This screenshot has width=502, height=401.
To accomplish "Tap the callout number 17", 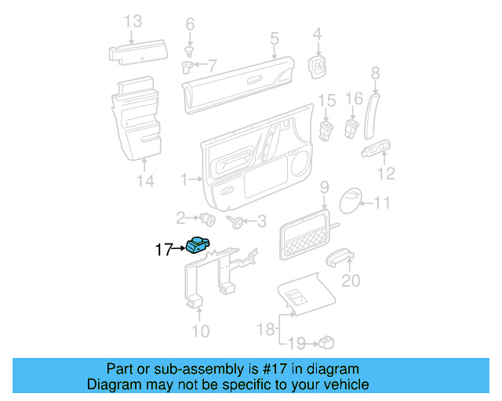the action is [x=163, y=251].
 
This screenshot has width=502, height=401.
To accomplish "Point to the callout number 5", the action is [x=274, y=38].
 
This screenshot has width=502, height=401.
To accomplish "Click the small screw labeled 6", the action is [x=189, y=49].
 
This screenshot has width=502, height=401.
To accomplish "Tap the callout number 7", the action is [x=211, y=63].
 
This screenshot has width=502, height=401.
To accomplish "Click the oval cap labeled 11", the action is [x=351, y=201].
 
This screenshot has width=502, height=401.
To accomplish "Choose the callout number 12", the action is [x=387, y=174].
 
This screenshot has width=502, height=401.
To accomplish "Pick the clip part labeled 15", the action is [x=326, y=126].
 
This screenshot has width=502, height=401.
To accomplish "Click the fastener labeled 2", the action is [x=208, y=218].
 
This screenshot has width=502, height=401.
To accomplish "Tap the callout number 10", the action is [x=201, y=331].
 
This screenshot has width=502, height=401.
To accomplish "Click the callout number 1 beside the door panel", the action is [x=184, y=180].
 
